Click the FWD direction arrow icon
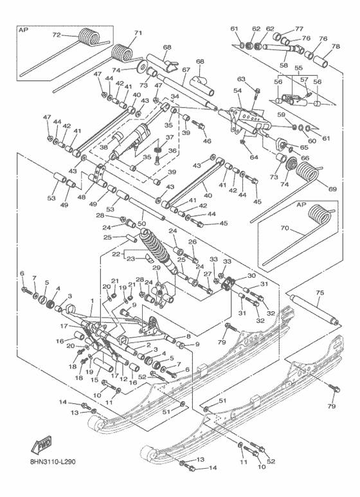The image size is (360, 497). [40, 445]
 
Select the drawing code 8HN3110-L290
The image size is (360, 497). [57, 461]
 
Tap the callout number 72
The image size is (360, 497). [56, 35]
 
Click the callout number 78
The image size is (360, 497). [336, 46]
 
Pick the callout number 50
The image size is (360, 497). [141, 223]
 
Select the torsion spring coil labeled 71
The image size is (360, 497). [121, 50]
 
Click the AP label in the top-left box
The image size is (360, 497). [24, 30]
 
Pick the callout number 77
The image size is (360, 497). [299, 29]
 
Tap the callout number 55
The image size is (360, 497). [297, 68]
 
